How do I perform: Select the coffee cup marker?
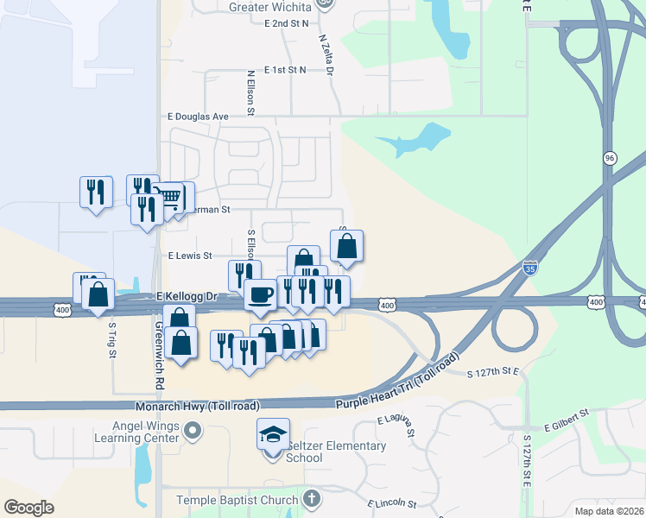coord(260,296)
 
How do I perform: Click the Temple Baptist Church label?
coord(236,500)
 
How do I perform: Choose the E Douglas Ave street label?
coord(198,117)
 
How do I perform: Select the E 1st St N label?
coord(285,69)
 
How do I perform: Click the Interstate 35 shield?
coord(530,268)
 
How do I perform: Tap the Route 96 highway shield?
coord(610,160)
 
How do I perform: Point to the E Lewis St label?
coord(190,256)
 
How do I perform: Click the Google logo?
coord(29,507)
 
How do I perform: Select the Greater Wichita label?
coord(269,6)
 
